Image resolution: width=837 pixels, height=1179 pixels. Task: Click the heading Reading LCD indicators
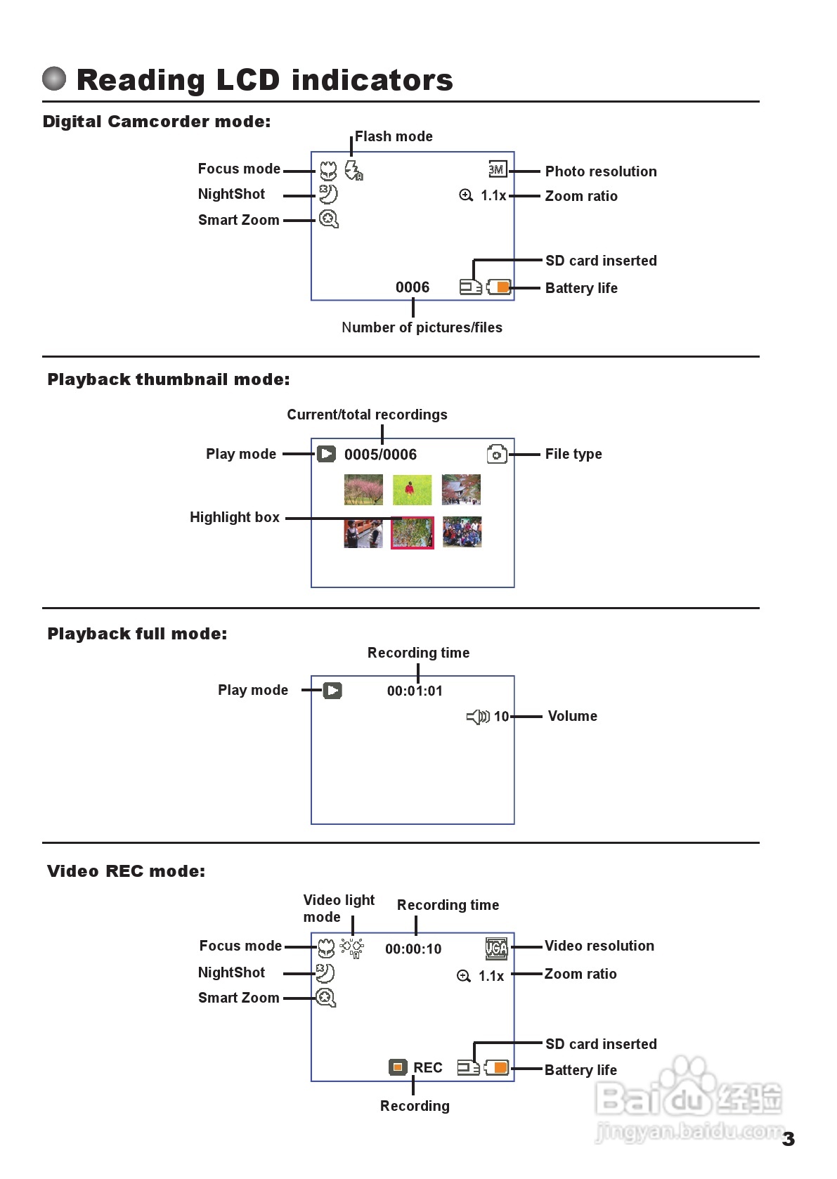pos(264,80)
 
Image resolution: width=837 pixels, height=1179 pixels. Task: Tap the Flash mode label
pos(394,136)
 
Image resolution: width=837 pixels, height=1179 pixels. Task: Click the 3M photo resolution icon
pos(497,169)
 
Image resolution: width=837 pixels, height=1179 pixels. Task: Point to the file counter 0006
pos(413,287)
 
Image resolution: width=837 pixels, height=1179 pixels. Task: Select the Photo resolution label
pos(601,171)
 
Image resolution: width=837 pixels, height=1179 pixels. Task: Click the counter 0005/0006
pos(380,455)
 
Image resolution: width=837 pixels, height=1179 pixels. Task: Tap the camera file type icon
pos(497,454)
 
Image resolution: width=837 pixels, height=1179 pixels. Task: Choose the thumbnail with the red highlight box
pos(413,532)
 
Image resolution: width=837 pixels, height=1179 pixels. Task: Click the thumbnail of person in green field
pos(412,490)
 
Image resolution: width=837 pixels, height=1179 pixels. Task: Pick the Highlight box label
pos(235,517)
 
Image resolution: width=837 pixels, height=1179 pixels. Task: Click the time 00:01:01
pos(415,691)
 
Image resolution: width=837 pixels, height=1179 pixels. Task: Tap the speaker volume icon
pos(478,717)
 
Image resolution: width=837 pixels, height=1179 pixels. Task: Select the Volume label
pos(573,716)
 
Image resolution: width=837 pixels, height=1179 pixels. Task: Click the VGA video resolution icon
pos(496,949)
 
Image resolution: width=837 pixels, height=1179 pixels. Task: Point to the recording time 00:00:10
pos(413,949)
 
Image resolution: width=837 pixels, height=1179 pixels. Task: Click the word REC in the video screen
pos(428,1068)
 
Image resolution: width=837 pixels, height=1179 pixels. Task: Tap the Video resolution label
pos(599,946)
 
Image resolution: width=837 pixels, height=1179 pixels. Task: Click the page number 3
pos(789,1139)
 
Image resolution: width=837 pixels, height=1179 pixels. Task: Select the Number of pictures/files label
pos(422,327)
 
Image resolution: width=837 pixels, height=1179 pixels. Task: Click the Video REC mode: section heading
pos(126,871)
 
